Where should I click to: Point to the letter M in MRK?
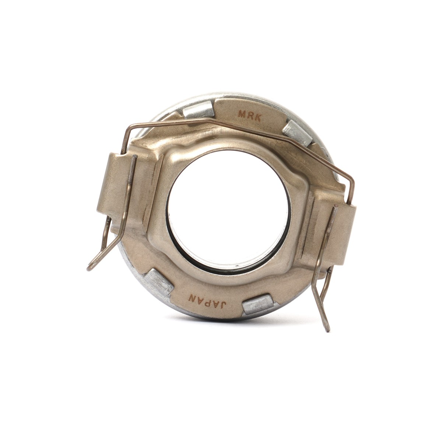click(242, 113)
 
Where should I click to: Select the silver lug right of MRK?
click(296, 133)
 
